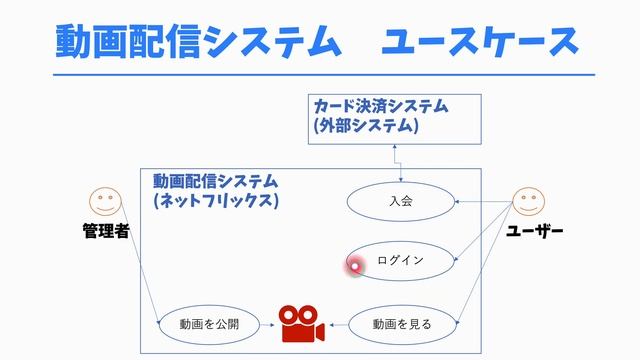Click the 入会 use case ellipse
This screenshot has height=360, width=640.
400,201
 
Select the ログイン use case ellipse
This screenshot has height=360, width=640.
400,261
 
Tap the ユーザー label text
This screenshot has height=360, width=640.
535,232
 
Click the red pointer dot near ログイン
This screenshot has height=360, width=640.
354,265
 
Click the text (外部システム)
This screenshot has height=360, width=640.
365,126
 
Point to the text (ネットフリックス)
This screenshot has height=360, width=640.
216,200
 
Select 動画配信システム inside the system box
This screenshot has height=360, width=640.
216,181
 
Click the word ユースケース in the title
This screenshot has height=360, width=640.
480,42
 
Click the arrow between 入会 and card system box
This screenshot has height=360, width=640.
395,160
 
